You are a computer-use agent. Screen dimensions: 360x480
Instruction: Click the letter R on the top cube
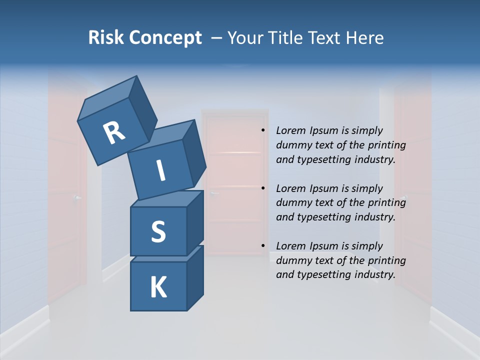[114, 133]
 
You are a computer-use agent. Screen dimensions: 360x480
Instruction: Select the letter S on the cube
[158, 231]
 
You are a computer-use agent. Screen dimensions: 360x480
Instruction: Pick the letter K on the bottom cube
[158, 287]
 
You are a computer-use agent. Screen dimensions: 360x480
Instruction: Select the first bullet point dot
[262, 131]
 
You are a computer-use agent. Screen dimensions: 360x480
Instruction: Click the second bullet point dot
[262, 188]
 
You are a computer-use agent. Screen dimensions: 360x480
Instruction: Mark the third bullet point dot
[262, 246]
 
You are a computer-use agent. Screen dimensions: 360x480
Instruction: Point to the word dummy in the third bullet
[292, 260]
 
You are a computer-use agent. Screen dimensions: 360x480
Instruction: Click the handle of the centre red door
[214, 193]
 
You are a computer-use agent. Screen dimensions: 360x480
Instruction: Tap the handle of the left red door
[77, 198]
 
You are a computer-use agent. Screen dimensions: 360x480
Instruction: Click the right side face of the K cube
[194, 277]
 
